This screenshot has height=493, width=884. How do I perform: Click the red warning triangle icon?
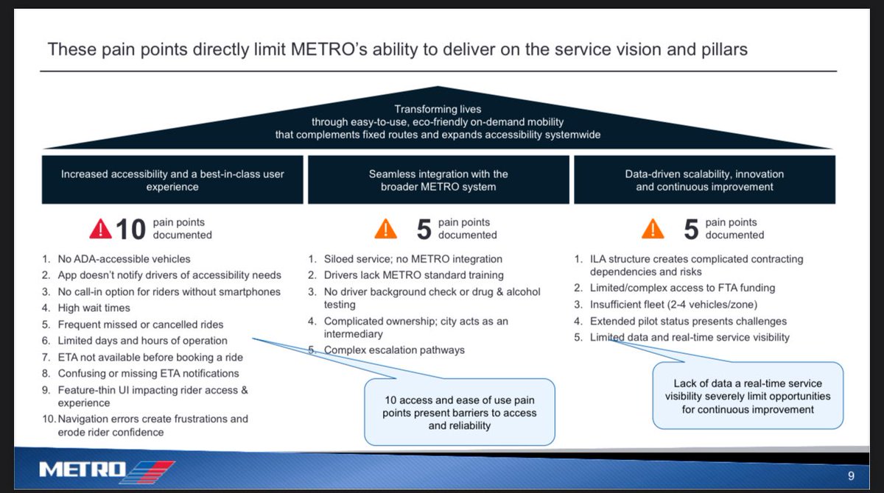101,229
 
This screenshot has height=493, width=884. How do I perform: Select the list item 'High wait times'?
94,308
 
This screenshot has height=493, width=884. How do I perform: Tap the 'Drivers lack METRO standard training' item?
413,275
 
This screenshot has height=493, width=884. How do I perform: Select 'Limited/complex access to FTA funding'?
682,288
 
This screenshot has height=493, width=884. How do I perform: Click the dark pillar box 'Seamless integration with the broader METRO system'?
438,180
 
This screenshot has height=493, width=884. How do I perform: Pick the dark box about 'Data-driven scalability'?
705,180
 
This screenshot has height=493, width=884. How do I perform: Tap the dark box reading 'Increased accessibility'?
172,180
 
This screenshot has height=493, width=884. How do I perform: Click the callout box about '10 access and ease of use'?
459,412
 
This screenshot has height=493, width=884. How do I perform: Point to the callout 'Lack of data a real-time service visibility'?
747,396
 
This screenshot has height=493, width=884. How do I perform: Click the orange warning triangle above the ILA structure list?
651,229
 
